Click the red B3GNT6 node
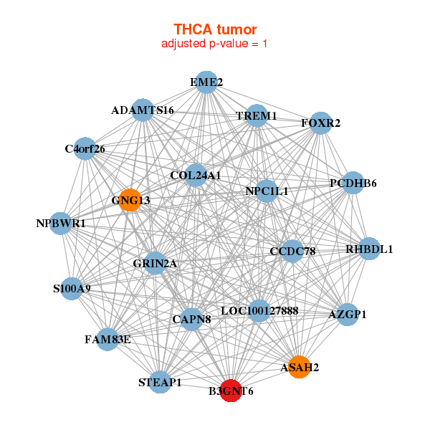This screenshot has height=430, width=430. point(231,391)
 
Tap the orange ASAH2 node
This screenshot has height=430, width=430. point(299,367)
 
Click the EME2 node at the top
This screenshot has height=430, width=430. point(206,82)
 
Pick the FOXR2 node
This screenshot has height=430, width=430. point(320,123)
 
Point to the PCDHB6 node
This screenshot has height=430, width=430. point(353,183)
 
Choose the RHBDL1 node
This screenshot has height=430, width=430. point(369,249)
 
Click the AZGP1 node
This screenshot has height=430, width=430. point(347,315)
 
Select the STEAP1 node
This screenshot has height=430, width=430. point(161,382)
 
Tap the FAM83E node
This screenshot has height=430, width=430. point(107,339)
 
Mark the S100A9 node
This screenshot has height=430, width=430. point(72,289)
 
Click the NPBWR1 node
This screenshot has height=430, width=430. point(62,224)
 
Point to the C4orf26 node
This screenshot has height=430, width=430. point(85,149)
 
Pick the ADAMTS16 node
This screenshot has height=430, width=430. point(143,110)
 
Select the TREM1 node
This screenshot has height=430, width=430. point(257,115)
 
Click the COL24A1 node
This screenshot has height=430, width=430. point(196,175)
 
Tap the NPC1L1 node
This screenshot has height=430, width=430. point(267,191)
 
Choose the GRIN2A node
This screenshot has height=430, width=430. point(155,263)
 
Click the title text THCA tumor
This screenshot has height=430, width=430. point(215,29)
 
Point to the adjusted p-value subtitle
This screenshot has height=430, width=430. point(215,44)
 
